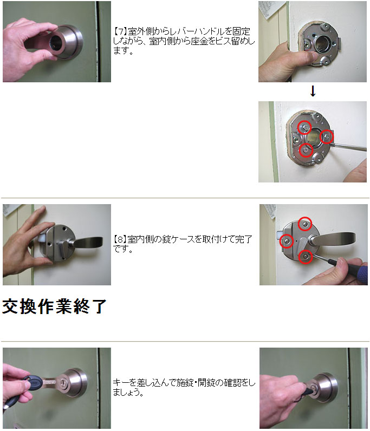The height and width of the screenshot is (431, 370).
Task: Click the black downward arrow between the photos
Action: pyautogui.click(x=313, y=92)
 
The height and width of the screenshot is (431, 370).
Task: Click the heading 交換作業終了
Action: pyautogui.click(x=54, y=306)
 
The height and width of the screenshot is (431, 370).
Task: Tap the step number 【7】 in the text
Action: pyautogui.click(x=120, y=31)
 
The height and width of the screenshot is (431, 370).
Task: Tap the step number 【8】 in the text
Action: pyautogui.click(x=120, y=239)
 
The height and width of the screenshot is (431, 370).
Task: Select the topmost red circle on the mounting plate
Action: pyautogui.click(x=304, y=127)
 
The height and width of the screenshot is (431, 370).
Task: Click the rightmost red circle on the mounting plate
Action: pyautogui.click(x=327, y=136)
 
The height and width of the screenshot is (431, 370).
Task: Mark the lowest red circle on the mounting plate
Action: pyautogui.click(x=306, y=150)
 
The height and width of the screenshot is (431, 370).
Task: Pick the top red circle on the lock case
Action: pyautogui.click(x=305, y=224)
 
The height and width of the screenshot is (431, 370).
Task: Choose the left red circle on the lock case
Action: pyautogui.click(x=287, y=241)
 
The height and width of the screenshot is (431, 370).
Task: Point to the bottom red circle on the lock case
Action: pyautogui.click(x=306, y=257)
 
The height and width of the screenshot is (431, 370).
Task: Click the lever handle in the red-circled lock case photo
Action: pyautogui.click(x=333, y=239)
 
